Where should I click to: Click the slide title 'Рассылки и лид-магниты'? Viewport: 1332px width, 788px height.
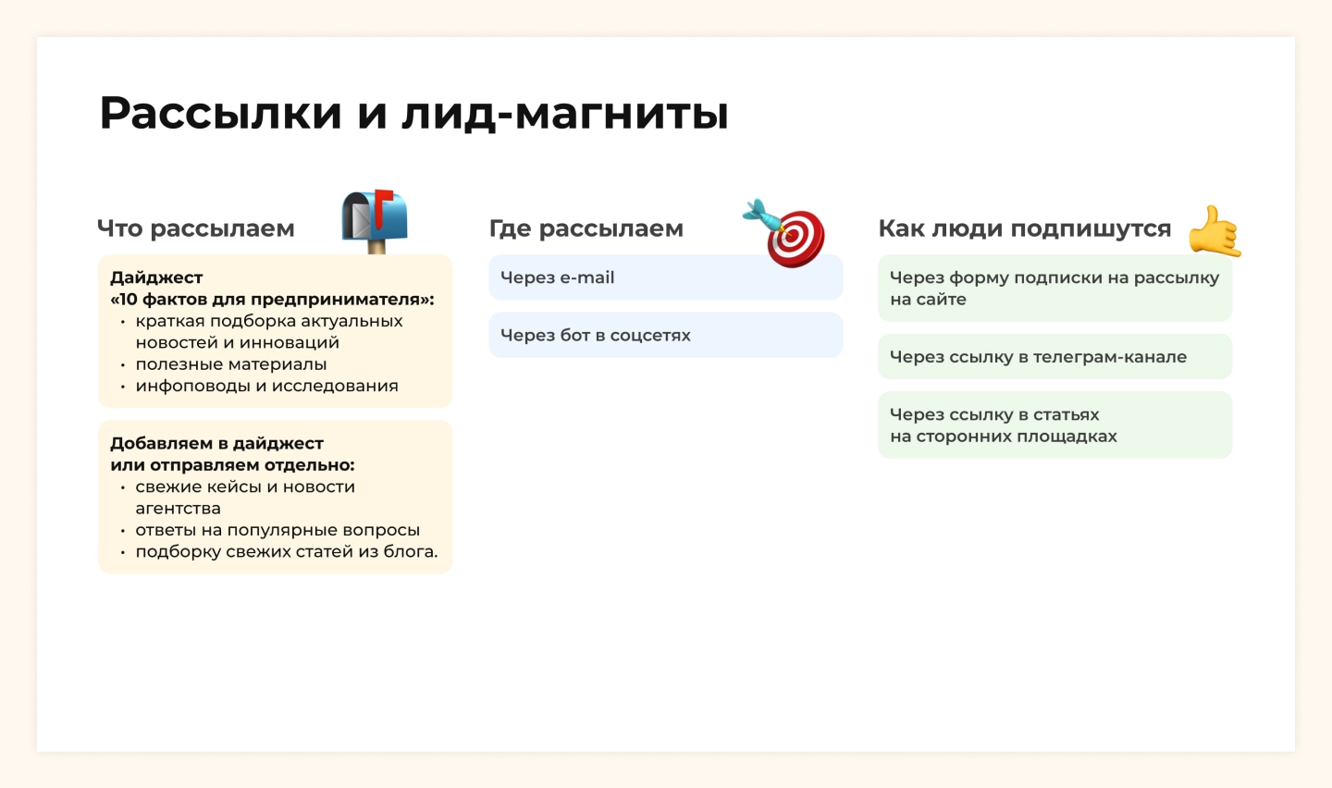[x=413, y=113]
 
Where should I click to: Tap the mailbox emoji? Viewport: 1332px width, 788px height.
[x=375, y=221]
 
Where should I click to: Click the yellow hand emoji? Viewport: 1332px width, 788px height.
[x=1215, y=232]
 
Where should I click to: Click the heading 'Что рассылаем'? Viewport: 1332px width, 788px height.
[x=196, y=228]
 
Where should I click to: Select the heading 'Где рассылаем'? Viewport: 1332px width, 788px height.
[x=586, y=228]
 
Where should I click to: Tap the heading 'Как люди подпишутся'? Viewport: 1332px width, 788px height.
[x=1025, y=228]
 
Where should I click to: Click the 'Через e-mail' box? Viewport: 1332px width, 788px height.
[x=665, y=277]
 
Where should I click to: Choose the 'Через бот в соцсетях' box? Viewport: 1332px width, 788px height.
[x=665, y=335]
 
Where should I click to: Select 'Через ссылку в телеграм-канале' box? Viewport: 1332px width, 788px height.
[x=1054, y=356]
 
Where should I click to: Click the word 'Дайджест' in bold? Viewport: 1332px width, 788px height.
[x=156, y=277]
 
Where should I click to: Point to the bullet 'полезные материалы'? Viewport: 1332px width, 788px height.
[x=230, y=364]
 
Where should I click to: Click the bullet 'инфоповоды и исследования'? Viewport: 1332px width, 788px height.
[x=267, y=386]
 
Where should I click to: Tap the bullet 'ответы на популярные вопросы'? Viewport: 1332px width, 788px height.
[x=277, y=530]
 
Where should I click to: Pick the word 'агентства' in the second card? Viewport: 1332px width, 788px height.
[x=178, y=509]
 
